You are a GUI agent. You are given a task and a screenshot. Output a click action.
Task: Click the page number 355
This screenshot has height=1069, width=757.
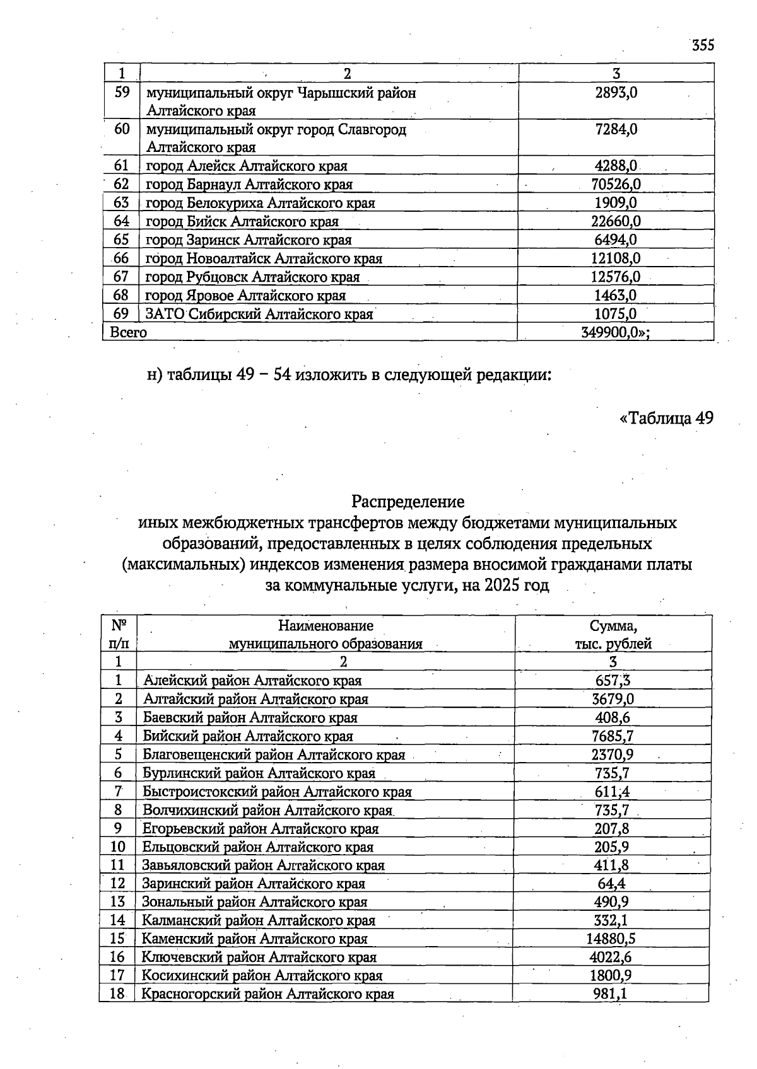pos(702,45)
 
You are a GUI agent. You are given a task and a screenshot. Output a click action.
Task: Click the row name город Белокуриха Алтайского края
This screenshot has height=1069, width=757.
pos(260,203)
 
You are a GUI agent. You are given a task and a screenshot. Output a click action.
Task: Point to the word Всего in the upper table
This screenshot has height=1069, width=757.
pos(128,332)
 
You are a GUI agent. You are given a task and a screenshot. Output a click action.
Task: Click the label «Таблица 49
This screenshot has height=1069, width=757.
pos(666,417)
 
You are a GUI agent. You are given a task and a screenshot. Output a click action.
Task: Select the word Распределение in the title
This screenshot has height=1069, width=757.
pos(408,502)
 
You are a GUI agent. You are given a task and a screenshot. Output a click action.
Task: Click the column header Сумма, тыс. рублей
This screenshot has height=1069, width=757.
pos(613,635)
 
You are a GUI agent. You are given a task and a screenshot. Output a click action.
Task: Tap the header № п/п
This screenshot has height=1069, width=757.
pos(118,635)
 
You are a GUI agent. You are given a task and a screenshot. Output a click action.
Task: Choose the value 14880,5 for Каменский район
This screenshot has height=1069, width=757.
pos(611,939)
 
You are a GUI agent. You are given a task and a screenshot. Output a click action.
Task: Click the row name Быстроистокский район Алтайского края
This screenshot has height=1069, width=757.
pos(277,792)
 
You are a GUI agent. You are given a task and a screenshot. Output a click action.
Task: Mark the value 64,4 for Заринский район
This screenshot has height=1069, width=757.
pos(611,883)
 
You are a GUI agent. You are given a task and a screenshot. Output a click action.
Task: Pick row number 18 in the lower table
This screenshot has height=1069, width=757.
pos(117,994)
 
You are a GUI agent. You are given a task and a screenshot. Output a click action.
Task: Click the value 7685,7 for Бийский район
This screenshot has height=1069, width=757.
pos(612,736)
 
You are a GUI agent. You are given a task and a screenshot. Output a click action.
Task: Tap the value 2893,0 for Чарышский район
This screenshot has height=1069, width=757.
pos(616,93)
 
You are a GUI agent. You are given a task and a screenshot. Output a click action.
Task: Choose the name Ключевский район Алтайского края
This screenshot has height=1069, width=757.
pos(259,957)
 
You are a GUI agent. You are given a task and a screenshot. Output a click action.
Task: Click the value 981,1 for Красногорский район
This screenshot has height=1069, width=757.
pos(611,994)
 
